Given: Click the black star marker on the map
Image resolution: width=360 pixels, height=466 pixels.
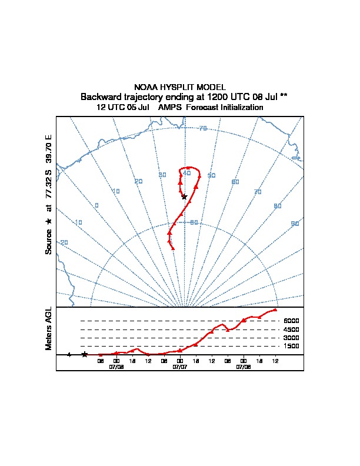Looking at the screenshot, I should [184, 197].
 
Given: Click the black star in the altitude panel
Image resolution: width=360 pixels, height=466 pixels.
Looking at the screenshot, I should [85, 354].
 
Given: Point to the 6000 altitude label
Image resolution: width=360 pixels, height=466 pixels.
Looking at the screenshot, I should [291, 321].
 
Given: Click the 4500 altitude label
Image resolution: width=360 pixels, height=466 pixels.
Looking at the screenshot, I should [291, 329].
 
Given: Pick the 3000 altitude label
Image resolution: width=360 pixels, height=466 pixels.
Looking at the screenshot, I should [291, 338].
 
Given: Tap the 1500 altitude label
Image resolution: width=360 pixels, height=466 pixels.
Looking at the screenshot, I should [291, 347].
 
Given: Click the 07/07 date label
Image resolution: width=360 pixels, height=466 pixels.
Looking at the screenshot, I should [179, 367].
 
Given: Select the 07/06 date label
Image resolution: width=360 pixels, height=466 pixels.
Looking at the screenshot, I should [116, 367].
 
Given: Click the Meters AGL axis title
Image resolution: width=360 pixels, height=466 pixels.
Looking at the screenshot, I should [49, 329].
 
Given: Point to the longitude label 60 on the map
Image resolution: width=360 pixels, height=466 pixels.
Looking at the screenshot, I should [235, 182].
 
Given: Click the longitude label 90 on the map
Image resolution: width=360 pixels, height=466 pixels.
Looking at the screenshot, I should [295, 224].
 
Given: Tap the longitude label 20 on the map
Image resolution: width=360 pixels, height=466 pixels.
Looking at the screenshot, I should [138, 181].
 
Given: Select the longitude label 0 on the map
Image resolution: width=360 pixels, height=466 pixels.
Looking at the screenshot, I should [96, 205].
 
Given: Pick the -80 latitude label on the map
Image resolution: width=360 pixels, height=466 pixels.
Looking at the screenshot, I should [193, 222].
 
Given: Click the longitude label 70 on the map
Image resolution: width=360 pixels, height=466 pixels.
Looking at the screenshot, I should [257, 192].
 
